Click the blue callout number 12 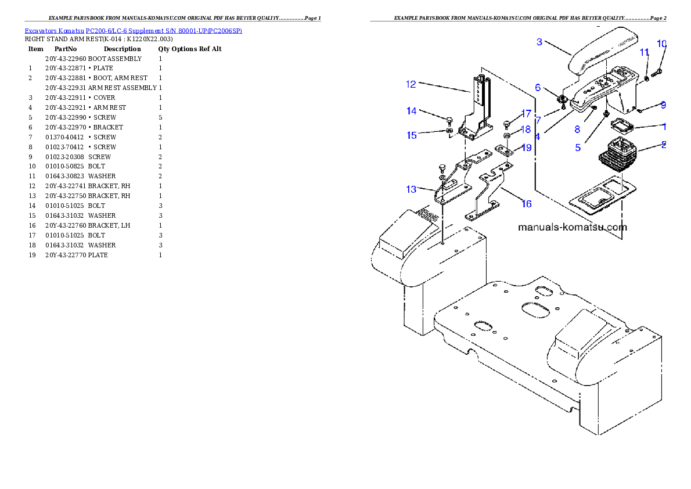click(x=411, y=84)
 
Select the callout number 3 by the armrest click(x=539, y=42)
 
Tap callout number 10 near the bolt click(x=661, y=44)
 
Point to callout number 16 click(x=526, y=204)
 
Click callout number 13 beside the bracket click(x=411, y=189)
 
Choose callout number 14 click(x=411, y=111)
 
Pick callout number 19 click(x=526, y=148)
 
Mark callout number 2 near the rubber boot click(x=663, y=145)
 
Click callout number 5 click(x=578, y=148)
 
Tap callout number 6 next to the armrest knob click(x=538, y=88)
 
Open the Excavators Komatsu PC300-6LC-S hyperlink click(x=133, y=30)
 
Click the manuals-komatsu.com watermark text click(x=572, y=227)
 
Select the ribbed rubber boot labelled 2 click(x=618, y=153)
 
